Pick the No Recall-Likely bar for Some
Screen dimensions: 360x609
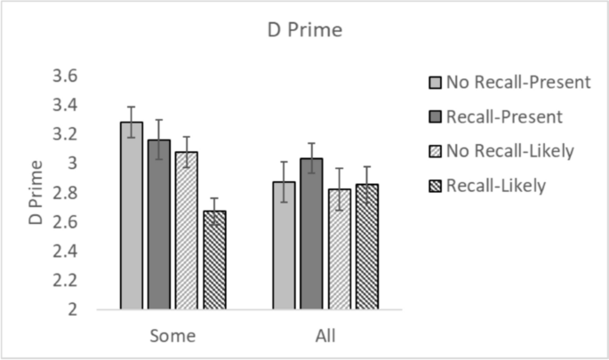pos(186,231)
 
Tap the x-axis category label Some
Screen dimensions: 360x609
pos(172,337)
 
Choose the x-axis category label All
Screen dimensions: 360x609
pos(325,337)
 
